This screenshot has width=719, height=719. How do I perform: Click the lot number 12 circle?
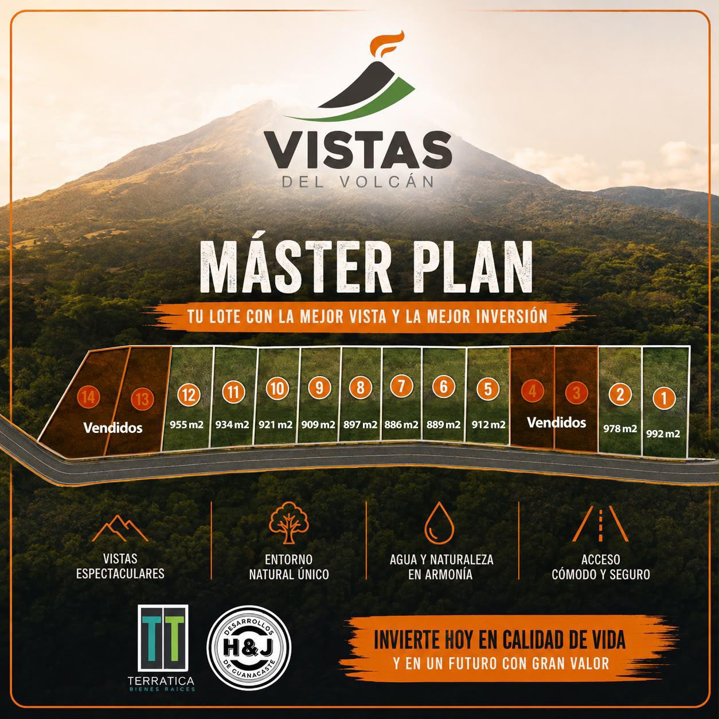coord(189,394)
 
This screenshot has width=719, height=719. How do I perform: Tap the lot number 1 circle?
coord(664,398)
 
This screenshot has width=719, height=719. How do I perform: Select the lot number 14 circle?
coord(88,397)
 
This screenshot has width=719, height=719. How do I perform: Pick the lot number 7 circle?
coord(401,386)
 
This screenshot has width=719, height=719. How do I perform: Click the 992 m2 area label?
coord(663,433)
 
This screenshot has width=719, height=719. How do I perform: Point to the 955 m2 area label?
coord(187,424)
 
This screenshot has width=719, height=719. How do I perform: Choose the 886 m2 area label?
coord(401,424)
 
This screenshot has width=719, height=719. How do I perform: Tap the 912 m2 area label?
coord(489,424)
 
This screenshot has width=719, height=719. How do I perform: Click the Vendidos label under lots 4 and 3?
coord(556,423)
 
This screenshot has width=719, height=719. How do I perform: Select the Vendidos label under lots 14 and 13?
coord(113,428)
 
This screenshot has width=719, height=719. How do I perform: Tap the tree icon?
coord(289,523)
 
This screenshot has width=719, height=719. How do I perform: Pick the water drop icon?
coord(439,523)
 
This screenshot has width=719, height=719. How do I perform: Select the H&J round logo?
coord(249,647)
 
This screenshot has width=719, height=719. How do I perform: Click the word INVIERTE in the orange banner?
coord(408,640)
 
